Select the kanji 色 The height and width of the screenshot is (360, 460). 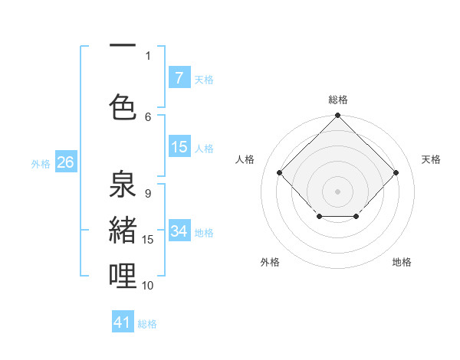[123, 107]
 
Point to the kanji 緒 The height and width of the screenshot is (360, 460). [123, 230]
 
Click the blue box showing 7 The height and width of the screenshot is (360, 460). [179, 78]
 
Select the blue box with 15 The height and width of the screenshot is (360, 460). [179, 147]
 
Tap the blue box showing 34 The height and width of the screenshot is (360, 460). [179, 231]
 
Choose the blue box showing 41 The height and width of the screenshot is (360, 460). [123, 322]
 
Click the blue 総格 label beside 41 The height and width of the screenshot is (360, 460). [147, 324]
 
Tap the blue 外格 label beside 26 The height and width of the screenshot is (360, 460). [40, 163]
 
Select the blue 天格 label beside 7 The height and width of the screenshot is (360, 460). [204, 80]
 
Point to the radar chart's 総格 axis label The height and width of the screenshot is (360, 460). [338, 100]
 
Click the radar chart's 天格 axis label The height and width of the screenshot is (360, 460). [432, 159]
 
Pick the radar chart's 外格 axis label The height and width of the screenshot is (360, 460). [270, 262]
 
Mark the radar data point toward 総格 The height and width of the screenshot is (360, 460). [337, 116]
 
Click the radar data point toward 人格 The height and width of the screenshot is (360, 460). [280, 173]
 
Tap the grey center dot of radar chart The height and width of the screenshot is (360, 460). [337, 191]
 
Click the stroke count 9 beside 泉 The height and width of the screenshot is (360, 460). [148, 193]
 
